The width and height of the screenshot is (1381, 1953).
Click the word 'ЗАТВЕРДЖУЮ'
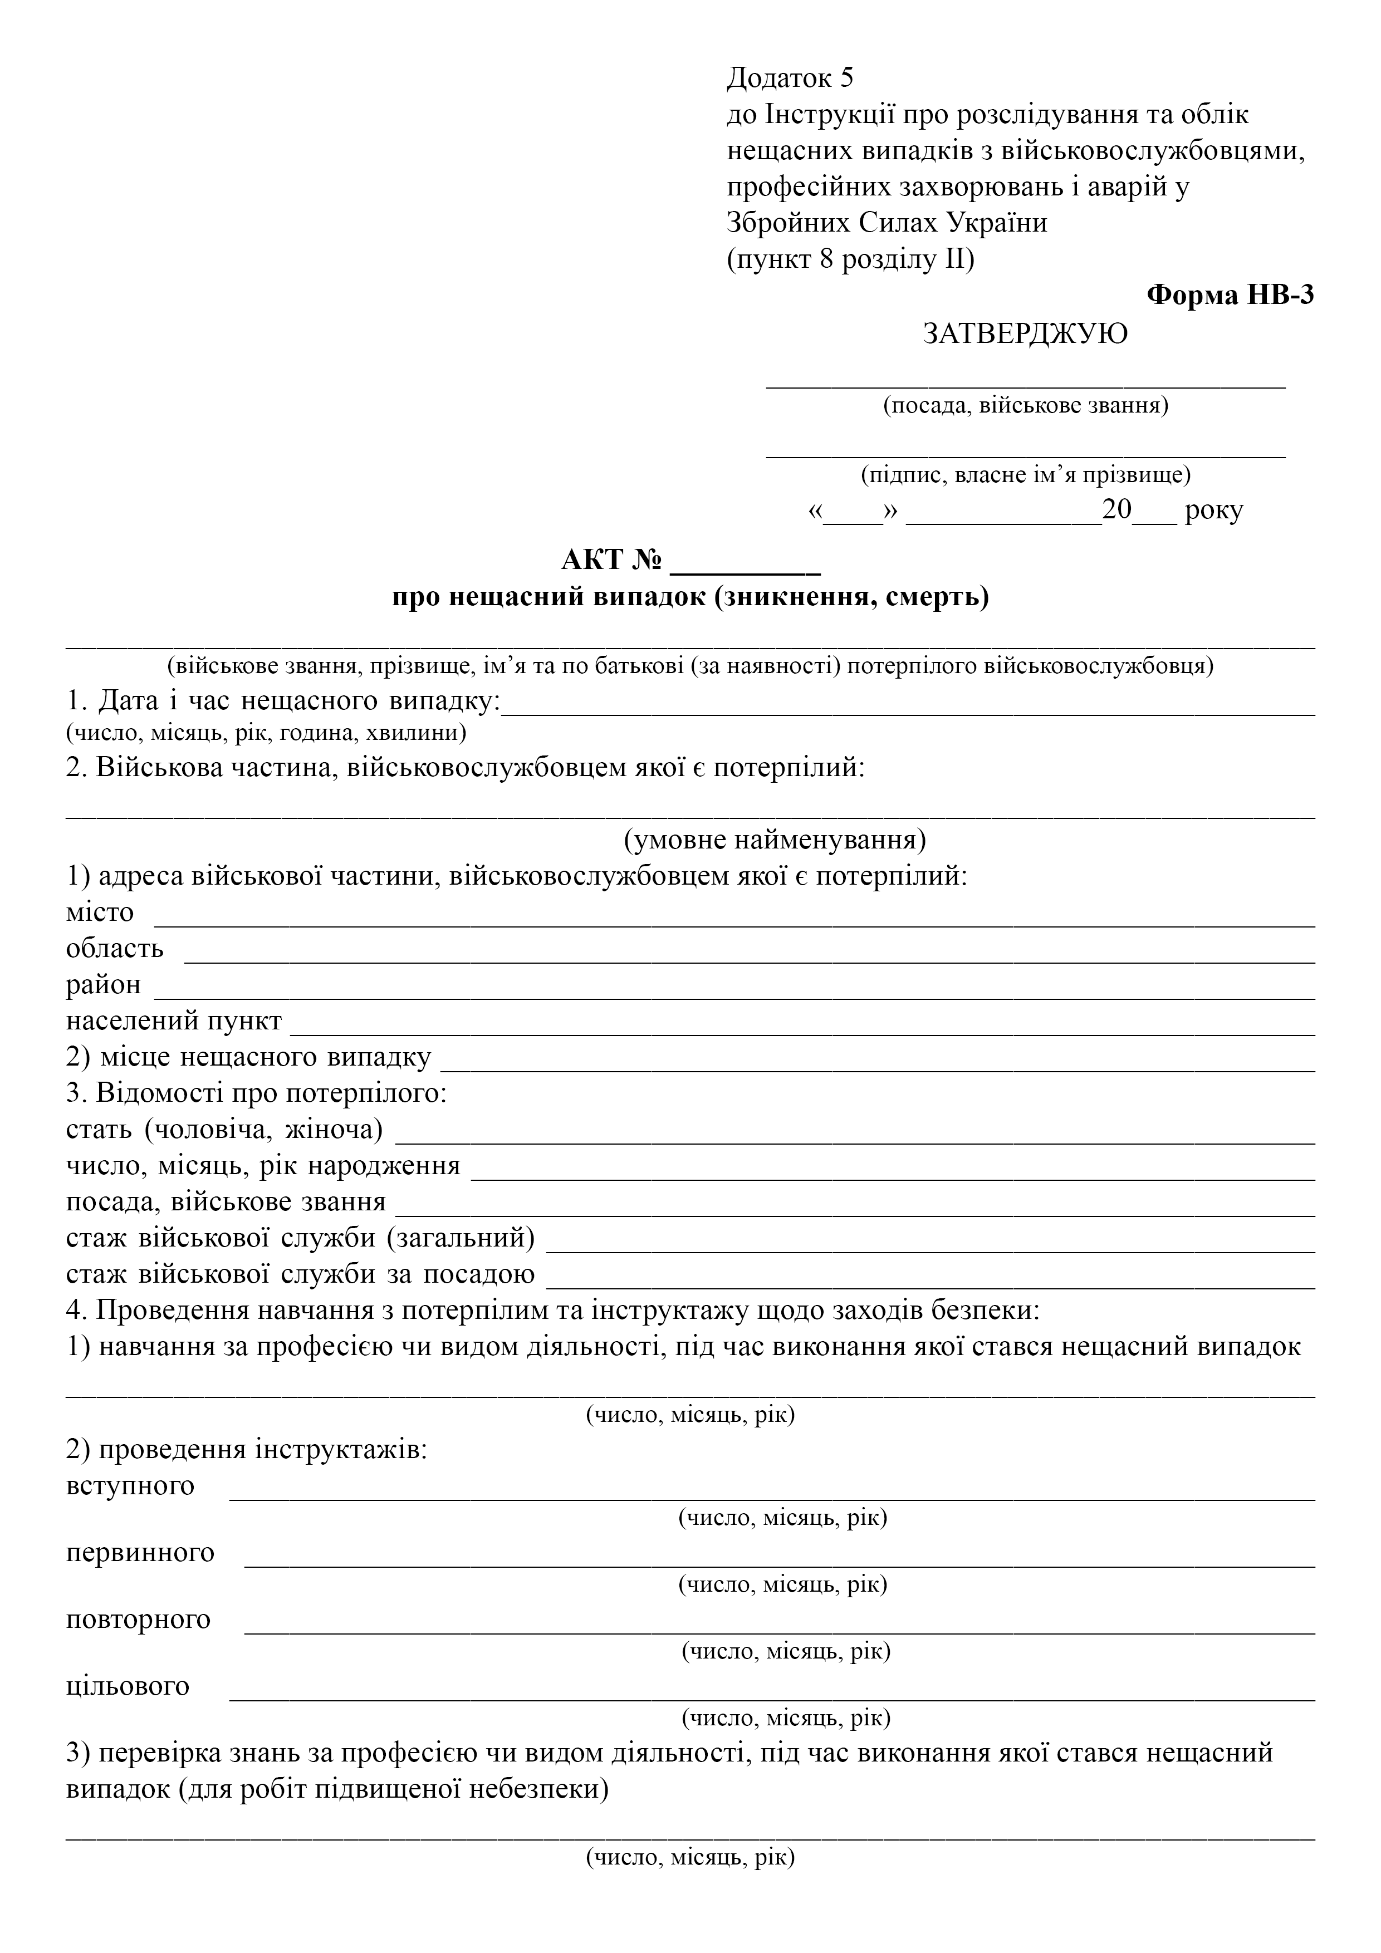point(1025,333)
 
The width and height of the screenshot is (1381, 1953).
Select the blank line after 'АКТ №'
point(746,563)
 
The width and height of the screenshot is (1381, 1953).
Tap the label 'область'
point(115,949)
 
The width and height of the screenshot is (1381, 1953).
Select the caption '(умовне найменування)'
point(775,841)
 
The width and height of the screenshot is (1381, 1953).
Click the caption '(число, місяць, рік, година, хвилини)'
point(266,733)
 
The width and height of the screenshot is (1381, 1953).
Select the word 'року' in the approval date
point(1213,511)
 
